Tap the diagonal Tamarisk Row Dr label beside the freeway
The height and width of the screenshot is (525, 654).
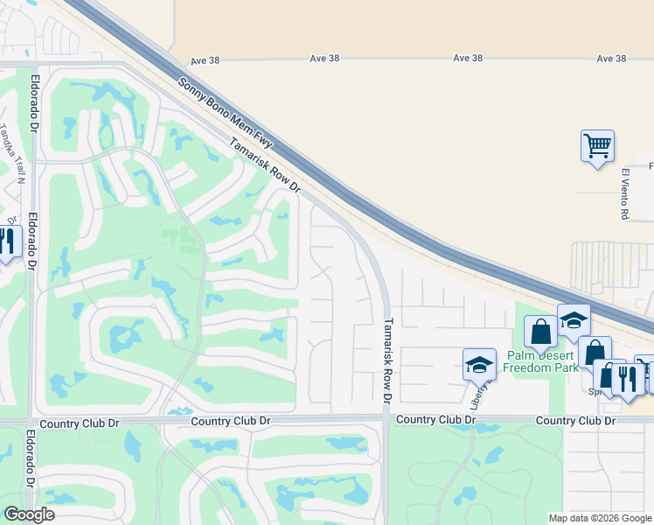coord(265,165)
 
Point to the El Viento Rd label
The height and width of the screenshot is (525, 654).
coord(625,193)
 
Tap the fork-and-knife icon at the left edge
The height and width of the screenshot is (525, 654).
coord(7,241)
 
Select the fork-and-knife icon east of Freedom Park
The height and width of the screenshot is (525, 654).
coord(627,377)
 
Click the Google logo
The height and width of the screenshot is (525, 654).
coord(29,514)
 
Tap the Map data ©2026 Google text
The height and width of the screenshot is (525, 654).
coord(600,518)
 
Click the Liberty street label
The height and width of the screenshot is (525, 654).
coord(478,395)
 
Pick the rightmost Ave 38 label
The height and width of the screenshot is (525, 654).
coord(612,59)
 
